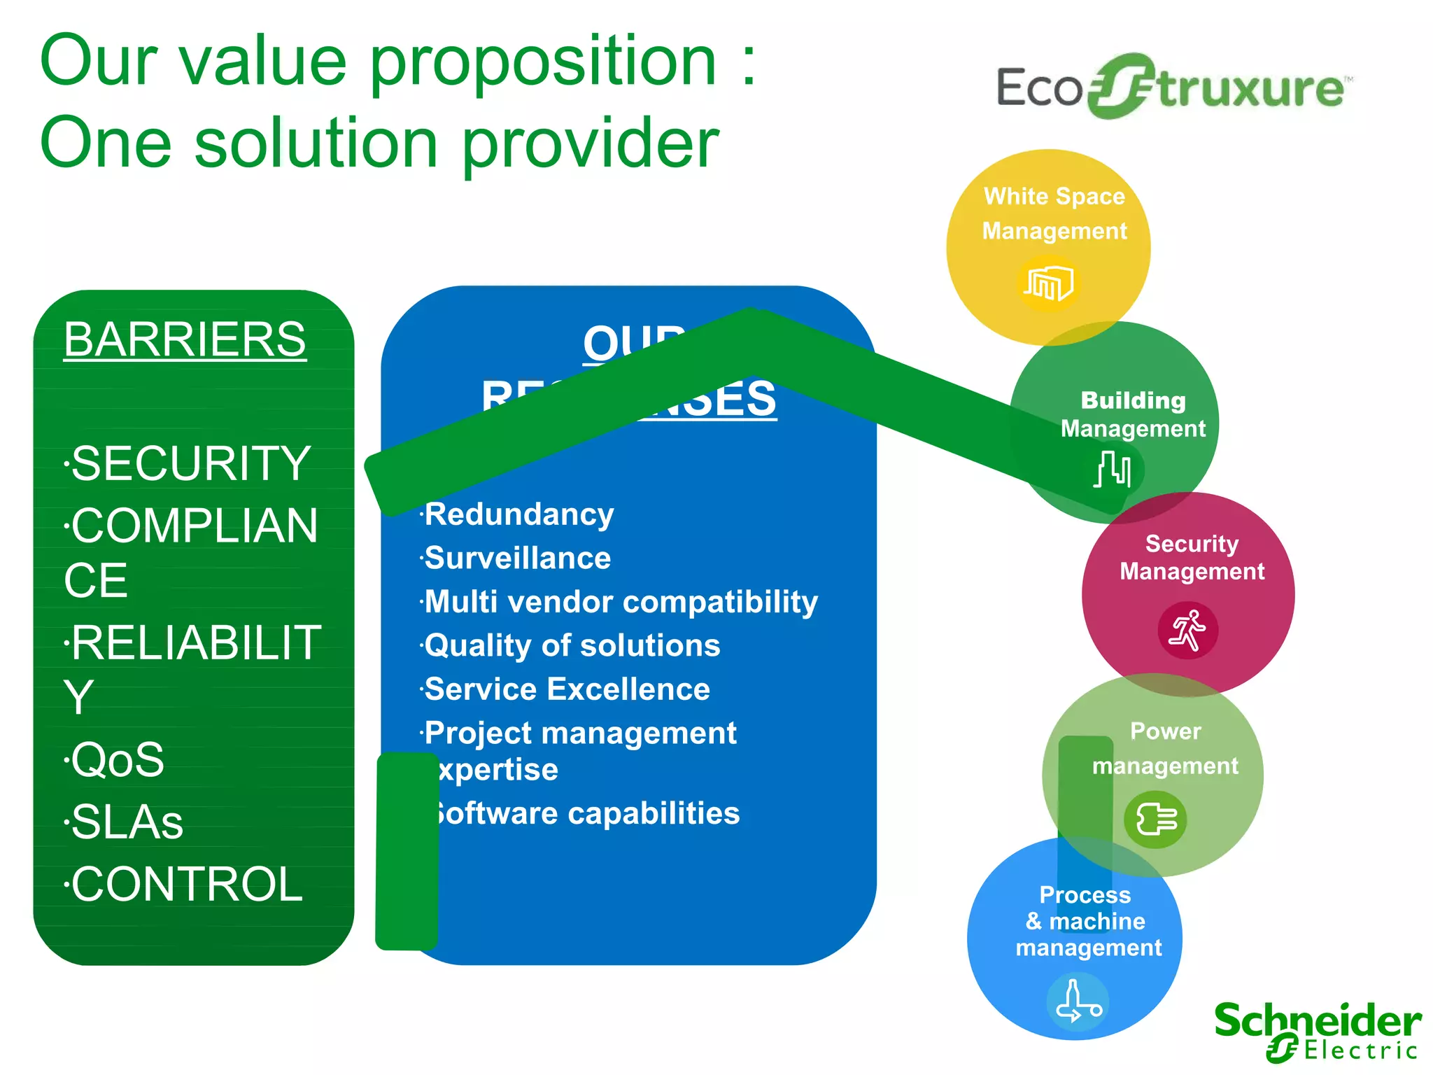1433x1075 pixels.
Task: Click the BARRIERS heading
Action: click(185, 340)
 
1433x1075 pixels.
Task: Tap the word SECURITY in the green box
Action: click(190, 463)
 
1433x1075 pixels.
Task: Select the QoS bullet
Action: click(117, 760)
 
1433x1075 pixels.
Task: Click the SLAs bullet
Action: click(127, 822)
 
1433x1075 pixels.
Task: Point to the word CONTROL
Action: click(186, 884)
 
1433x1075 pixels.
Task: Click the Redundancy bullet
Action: click(518, 515)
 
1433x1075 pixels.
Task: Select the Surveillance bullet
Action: click(517, 558)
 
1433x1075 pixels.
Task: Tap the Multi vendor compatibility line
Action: click(621, 602)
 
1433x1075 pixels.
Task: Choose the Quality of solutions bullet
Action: click(572, 645)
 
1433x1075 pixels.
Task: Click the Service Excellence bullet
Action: click(567, 689)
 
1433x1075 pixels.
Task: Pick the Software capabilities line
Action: click(586, 814)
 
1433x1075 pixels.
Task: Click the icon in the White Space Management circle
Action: click(1047, 283)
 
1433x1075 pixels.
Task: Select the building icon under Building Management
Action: click(1113, 469)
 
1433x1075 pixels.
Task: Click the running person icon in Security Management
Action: click(1187, 630)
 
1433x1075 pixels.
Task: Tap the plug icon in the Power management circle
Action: click(1156, 819)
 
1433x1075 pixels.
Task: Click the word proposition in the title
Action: click(543, 63)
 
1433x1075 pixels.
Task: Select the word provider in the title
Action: click(591, 143)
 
